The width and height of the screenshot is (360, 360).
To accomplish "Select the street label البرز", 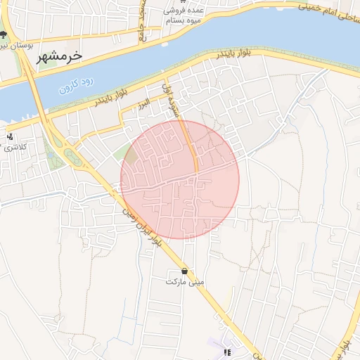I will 144,104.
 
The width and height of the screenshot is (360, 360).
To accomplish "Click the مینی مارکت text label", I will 184,281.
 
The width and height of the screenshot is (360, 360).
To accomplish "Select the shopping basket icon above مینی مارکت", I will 184,271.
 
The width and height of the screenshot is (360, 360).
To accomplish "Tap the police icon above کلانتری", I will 10,136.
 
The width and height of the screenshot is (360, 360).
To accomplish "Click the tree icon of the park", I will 4,34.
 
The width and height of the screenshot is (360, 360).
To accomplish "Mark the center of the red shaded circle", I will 180,179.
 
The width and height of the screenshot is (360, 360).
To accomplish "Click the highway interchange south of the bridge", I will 70,151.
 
